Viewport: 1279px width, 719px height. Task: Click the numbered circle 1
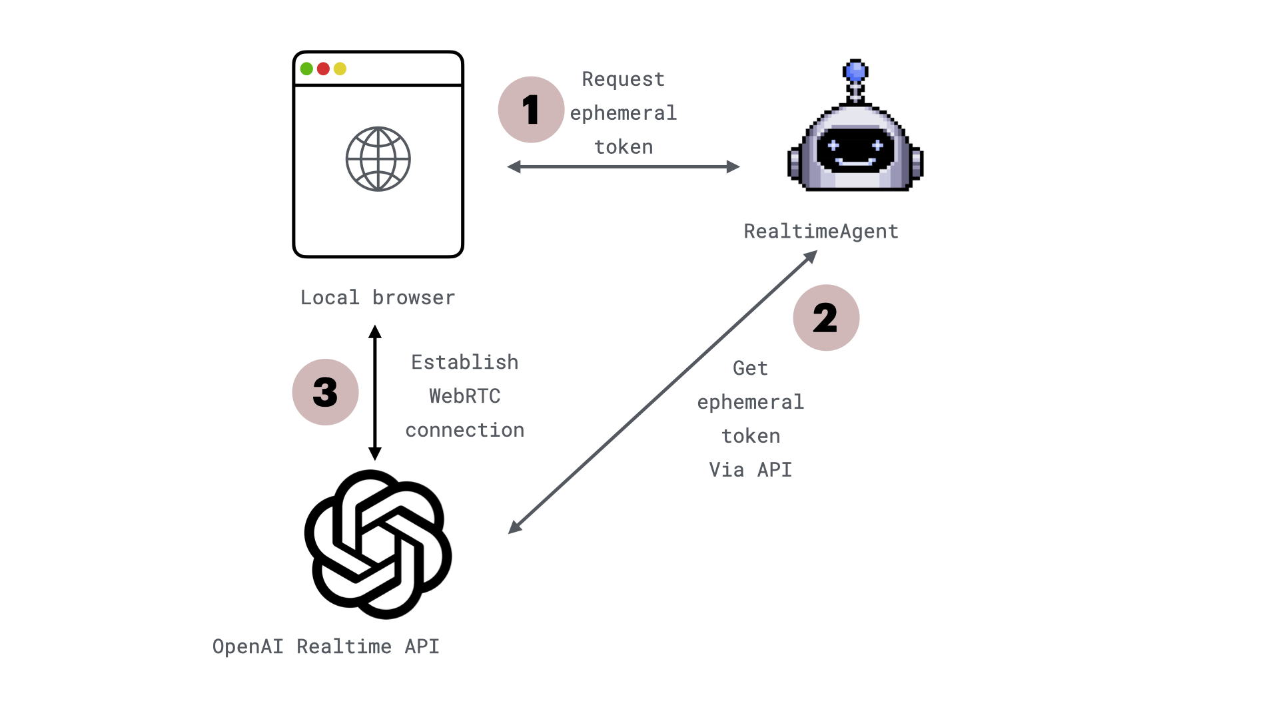pyautogui.click(x=531, y=110)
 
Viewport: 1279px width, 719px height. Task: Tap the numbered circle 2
pyautogui.click(x=826, y=318)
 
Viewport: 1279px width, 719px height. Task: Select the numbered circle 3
pyautogui.click(x=325, y=392)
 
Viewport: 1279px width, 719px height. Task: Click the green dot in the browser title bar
pyautogui.click(x=306, y=69)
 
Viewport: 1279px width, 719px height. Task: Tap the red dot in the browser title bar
pyautogui.click(x=323, y=69)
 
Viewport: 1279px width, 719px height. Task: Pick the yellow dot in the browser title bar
pyautogui.click(x=340, y=69)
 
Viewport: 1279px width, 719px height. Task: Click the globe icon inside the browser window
pyautogui.click(x=378, y=159)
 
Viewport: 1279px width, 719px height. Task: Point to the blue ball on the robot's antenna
pyautogui.click(x=855, y=70)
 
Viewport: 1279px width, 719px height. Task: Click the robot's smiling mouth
pyautogui.click(x=855, y=162)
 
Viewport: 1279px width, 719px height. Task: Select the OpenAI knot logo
pyautogui.click(x=378, y=544)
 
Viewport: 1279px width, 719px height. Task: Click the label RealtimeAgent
pyautogui.click(x=821, y=231)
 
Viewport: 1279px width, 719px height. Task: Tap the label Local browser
pyautogui.click(x=378, y=298)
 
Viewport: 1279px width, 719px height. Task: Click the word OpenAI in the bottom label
pyautogui.click(x=248, y=646)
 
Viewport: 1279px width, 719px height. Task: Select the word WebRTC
pyautogui.click(x=464, y=396)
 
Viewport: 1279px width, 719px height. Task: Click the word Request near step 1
pyautogui.click(x=623, y=79)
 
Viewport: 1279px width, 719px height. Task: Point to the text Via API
pyautogui.click(x=750, y=470)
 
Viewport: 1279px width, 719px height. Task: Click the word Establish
pyautogui.click(x=464, y=362)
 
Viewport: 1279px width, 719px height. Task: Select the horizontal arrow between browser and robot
pyautogui.click(x=623, y=166)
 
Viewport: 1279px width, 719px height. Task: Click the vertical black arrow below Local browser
pyautogui.click(x=375, y=393)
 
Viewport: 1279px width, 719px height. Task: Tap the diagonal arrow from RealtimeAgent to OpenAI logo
pyautogui.click(x=663, y=392)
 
